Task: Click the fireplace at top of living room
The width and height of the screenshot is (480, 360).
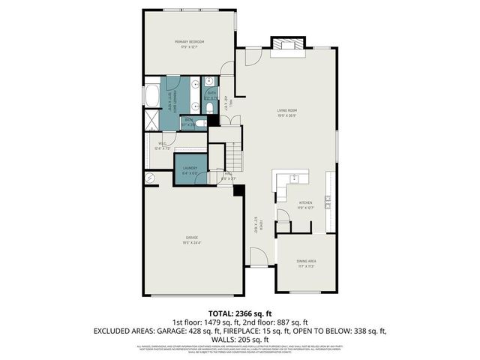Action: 287,45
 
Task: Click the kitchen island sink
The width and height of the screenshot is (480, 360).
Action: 295,179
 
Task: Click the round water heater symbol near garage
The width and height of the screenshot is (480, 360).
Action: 149,178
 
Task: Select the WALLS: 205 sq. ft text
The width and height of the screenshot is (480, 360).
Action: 240,338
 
